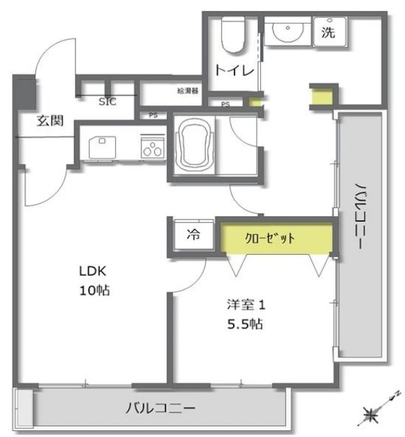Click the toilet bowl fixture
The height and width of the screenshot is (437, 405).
233,34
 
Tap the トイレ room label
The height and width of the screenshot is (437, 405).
234,70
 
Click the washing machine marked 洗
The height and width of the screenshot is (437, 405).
330,31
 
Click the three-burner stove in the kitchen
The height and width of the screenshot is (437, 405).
153,148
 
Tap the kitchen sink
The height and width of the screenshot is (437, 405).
102,147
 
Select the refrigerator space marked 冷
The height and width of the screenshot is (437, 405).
193,234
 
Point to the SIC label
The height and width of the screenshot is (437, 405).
107,102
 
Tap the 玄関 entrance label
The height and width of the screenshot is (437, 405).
50,121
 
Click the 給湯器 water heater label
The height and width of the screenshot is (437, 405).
187,91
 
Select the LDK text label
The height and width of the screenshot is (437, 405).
93,271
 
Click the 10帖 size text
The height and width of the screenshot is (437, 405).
94,291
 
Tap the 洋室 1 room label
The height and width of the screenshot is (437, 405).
246,305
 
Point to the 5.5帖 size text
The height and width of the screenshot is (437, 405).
245,324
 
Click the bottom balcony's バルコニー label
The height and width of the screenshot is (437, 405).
160,408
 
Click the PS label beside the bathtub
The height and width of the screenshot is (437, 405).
153,115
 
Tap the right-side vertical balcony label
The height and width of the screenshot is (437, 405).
360,215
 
